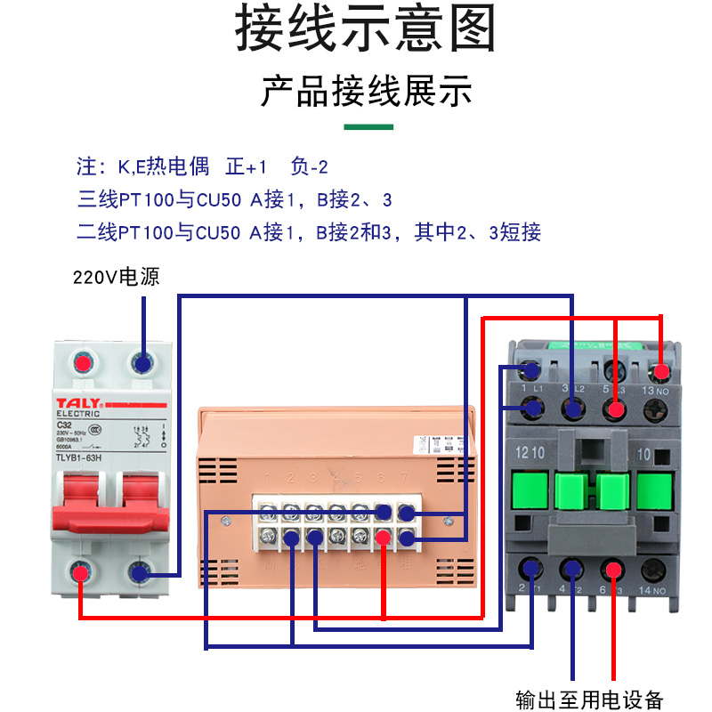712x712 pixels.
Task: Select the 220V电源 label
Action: tap(116, 276)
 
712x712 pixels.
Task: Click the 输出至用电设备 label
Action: tap(589, 699)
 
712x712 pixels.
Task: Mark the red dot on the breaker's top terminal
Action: tap(83, 362)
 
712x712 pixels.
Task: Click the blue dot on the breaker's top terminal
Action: tap(142, 362)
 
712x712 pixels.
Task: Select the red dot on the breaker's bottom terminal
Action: tap(81, 573)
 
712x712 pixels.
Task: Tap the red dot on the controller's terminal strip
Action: tap(384, 538)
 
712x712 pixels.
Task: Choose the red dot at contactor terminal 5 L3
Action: tap(614, 409)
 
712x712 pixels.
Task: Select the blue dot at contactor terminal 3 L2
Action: tap(574, 409)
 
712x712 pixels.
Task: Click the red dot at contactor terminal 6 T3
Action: tap(611, 569)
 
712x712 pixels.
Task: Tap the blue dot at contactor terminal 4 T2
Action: tap(571, 569)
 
